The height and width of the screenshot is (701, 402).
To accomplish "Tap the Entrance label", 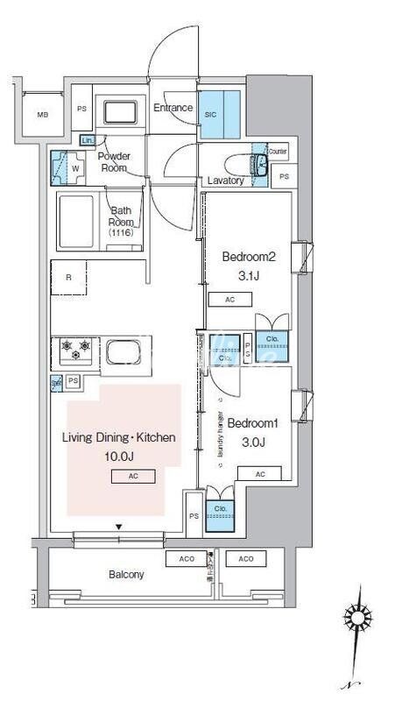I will click(x=173, y=109).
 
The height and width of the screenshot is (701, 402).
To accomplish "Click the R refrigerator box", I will click(x=69, y=278).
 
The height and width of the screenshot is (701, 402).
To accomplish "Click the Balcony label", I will click(x=126, y=575).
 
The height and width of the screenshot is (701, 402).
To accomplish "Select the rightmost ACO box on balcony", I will click(x=246, y=558).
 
